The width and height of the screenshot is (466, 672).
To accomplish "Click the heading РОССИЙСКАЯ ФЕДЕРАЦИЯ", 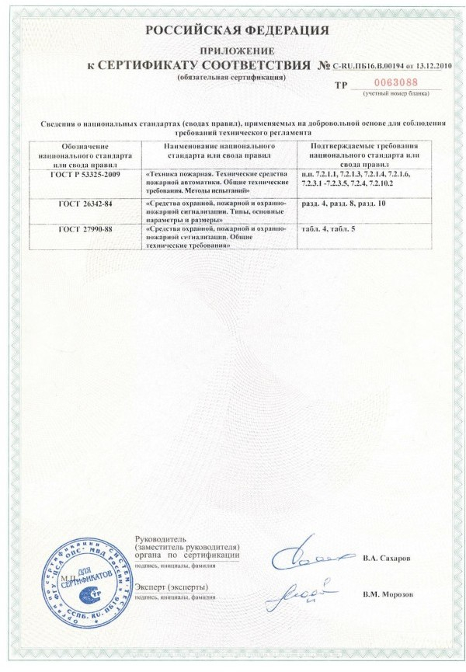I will pos(232,30).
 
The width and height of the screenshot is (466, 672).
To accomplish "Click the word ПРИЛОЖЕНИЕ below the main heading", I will pos(232,49).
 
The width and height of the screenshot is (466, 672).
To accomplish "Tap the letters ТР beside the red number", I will pos(339,84).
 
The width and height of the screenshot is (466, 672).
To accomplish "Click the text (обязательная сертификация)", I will pos(232,78).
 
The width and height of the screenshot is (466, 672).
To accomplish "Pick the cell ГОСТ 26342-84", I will pos(80,204).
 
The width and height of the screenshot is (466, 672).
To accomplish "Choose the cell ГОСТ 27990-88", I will pos(80,231).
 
